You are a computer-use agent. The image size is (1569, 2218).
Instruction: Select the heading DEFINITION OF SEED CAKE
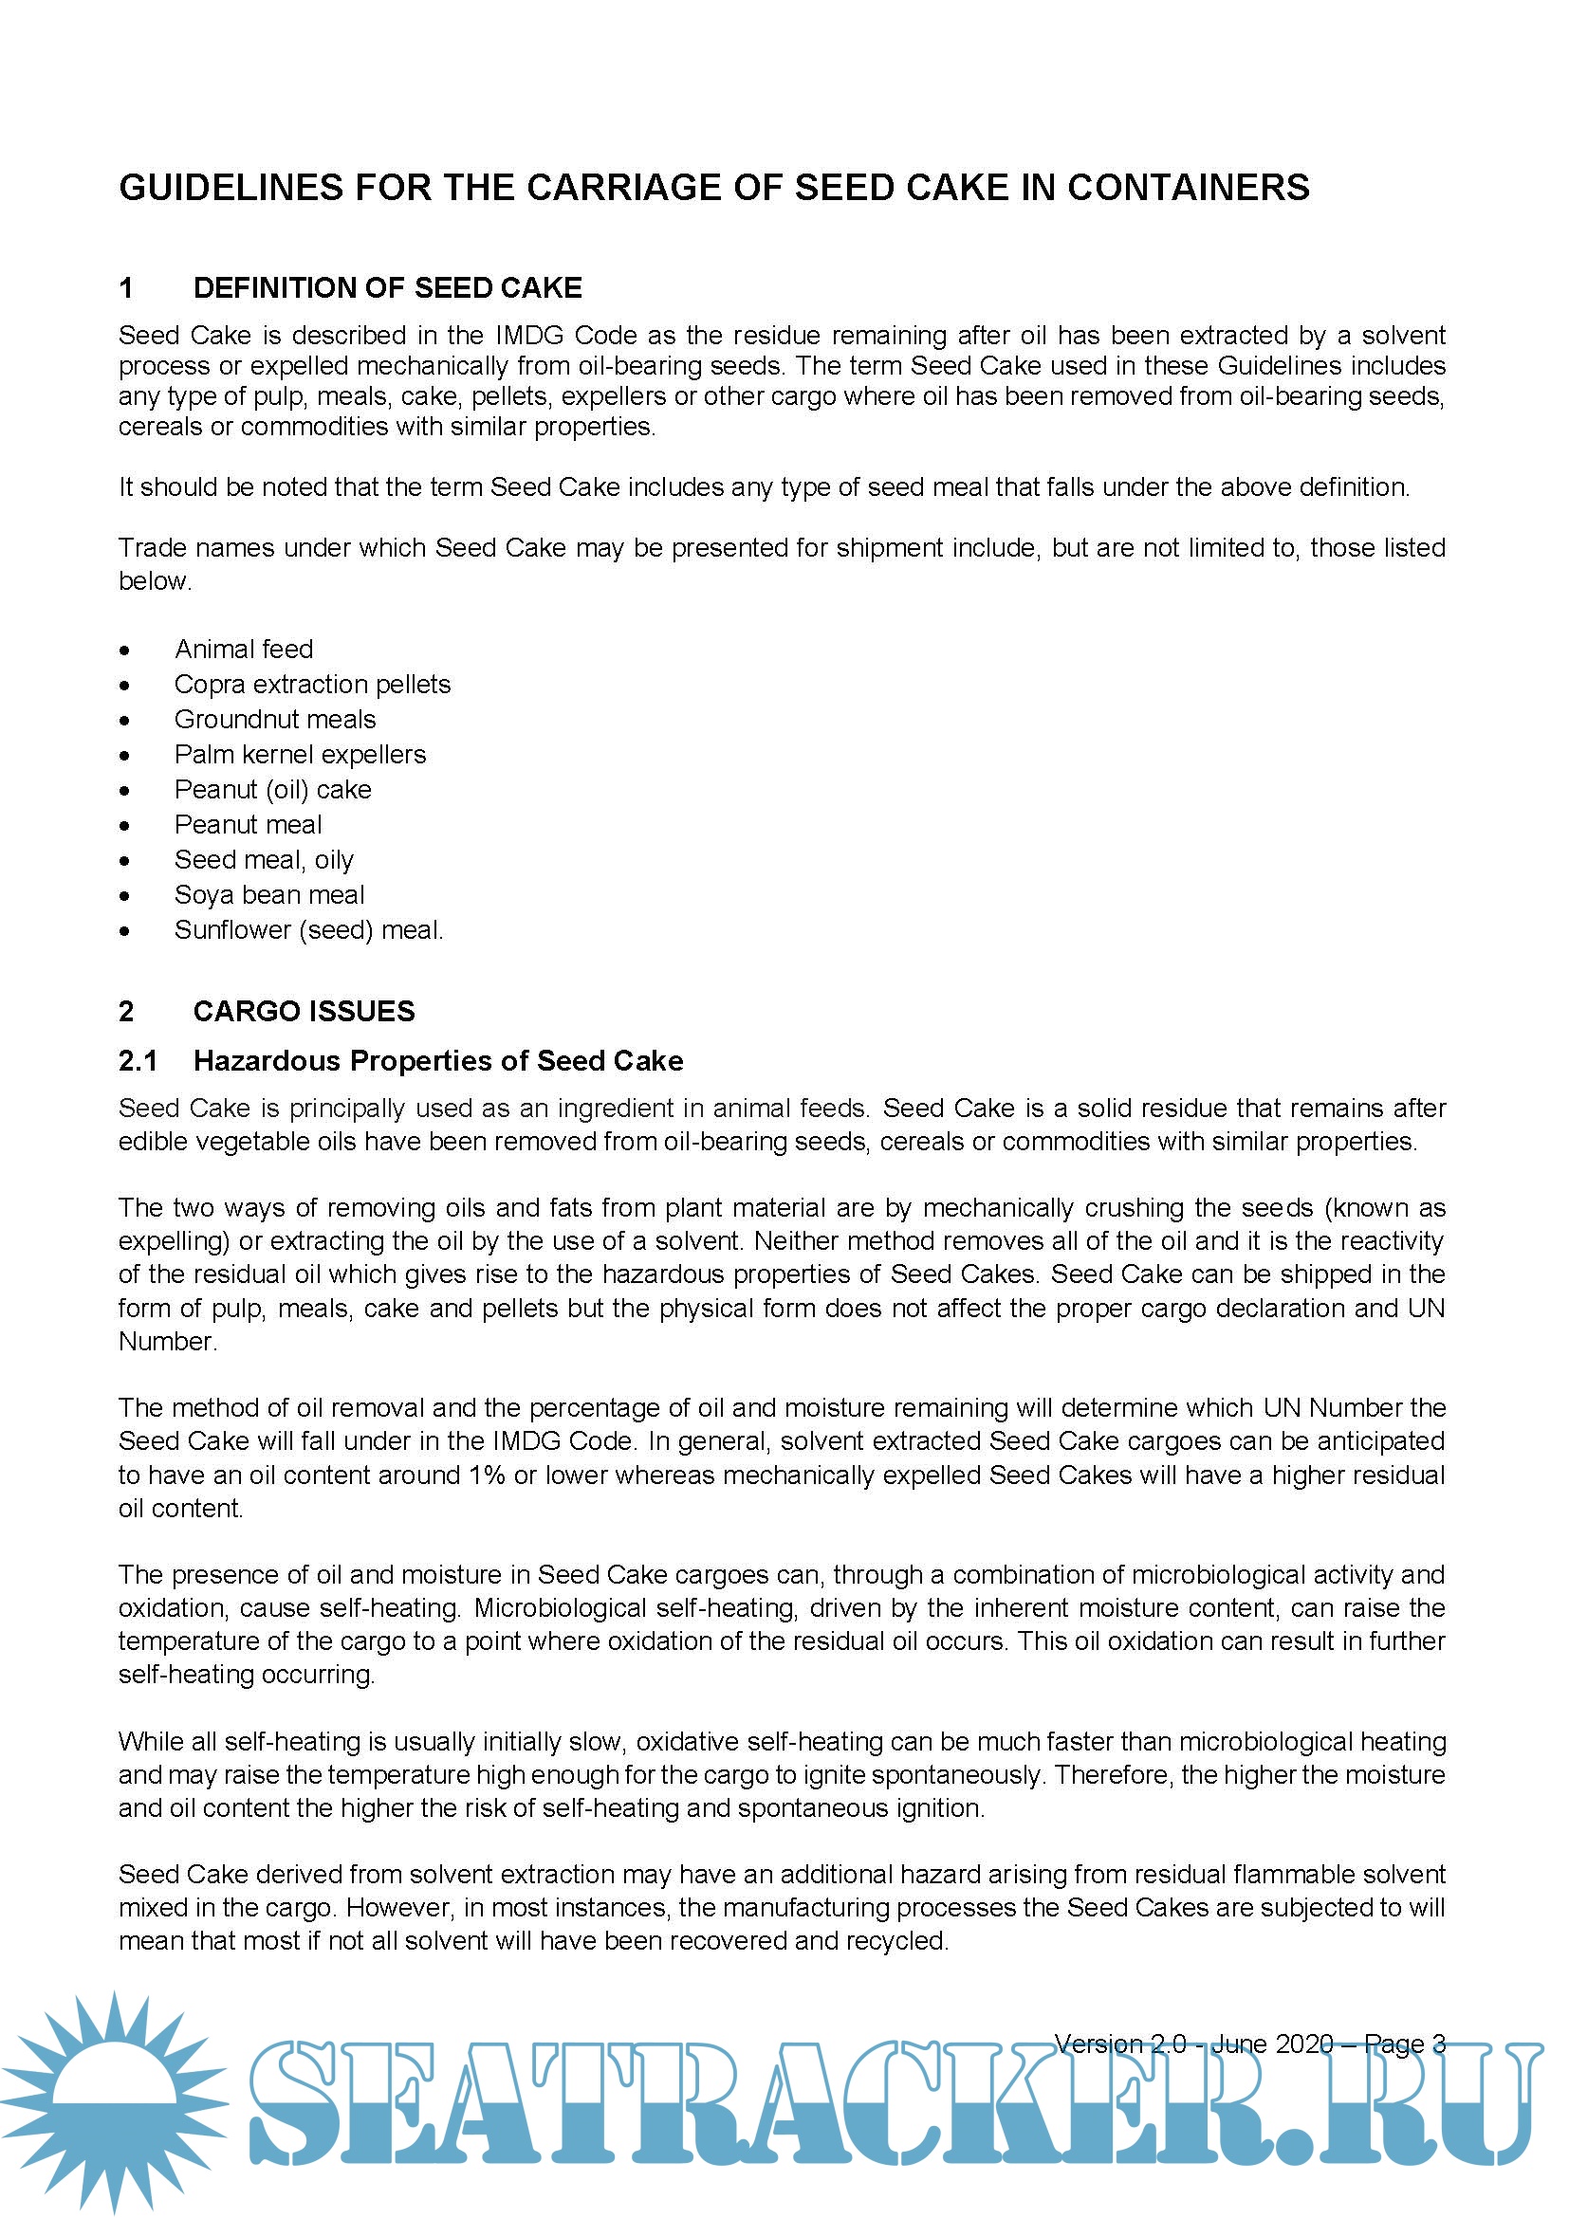pyautogui.click(x=387, y=288)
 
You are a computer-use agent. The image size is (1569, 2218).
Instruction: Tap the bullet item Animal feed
pyautogui.click(x=244, y=650)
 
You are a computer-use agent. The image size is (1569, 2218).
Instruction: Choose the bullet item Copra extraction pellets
pyautogui.click(x=312, y=684)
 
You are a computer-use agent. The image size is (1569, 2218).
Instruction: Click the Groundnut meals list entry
pyautogui.click(x=274, y=720)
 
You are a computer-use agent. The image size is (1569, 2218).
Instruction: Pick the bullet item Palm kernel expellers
pyautogui.click(x=300, y=755)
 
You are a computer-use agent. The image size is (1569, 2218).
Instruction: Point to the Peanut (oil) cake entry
pyautogui.click(x=272, y=789)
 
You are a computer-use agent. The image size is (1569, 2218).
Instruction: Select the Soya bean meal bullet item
pyautogui.click(x=268, y=894)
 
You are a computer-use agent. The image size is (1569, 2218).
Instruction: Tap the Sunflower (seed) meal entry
pyautogui.click(x=308, y=930)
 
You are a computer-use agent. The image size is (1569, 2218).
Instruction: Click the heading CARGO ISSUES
pyautogui.click(x=304, y=1012)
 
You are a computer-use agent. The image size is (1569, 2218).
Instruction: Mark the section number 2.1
pyautogui.click(x=138, y=1061)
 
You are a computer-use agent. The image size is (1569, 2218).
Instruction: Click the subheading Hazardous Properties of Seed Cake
pyautogui.click(x=437, y=1061)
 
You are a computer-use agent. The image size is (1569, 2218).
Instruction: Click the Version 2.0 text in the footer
pyautogui.click(x=1119, y=2044)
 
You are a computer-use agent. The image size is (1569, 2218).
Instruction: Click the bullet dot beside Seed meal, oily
pyautogui.click(x=124, y=861)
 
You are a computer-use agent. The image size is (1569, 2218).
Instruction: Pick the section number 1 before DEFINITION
pyautogui.click(x=125, y=288)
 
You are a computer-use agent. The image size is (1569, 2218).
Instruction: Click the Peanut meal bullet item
pyautogui.click(x=248, y=825)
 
